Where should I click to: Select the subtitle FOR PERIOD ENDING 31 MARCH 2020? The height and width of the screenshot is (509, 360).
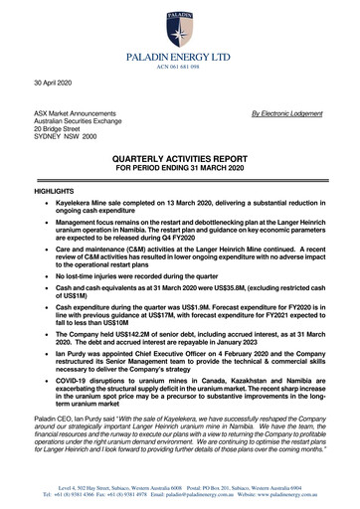180,167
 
